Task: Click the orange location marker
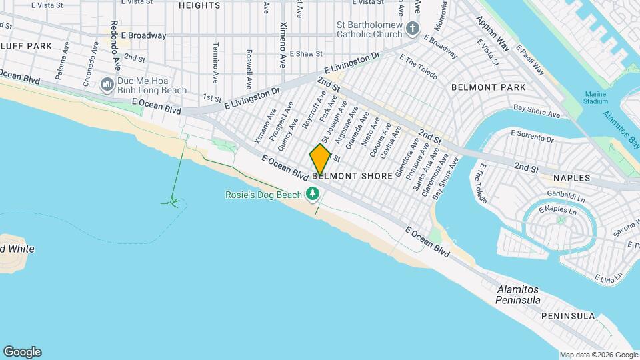320,160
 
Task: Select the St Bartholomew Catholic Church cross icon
413,28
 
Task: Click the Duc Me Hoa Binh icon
106,85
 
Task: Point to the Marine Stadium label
596,97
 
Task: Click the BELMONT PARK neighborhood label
488,87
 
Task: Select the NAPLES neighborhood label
571,178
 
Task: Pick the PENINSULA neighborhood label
567,315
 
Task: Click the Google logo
22,352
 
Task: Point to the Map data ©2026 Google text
598,355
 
